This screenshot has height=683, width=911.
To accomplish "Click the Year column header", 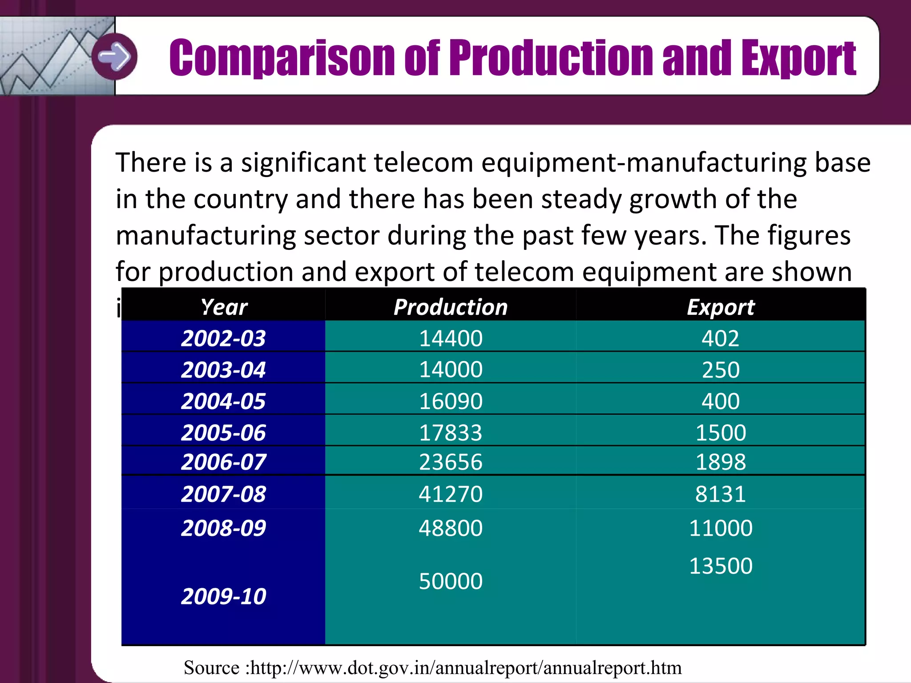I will [224, 307].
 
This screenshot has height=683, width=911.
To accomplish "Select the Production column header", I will [451, 307].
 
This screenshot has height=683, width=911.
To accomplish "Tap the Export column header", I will [721, 307].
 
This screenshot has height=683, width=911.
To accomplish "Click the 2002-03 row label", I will [223, 338].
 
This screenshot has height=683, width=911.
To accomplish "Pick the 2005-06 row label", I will [223, 433].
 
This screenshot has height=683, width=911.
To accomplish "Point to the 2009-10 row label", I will [223, 596].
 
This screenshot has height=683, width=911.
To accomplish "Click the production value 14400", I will [451, 338].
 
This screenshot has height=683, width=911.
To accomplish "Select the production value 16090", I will [451, 401].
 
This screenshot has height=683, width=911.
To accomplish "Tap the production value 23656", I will [451, 462].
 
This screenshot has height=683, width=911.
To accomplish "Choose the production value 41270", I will [451, 494].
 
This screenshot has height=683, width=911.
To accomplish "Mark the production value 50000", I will [451, 581].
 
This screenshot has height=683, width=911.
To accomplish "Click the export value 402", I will [721, 338].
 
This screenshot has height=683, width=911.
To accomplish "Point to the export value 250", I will [721, 370].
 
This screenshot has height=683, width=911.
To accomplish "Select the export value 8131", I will [721, 494].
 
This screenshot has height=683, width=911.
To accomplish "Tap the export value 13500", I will [721, 566].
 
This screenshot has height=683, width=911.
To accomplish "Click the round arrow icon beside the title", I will [115, 56].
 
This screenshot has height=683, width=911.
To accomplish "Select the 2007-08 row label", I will [223, 494].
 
